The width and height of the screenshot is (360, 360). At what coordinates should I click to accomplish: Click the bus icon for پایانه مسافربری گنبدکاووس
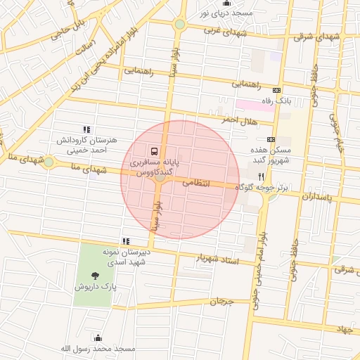(x=153, y=151)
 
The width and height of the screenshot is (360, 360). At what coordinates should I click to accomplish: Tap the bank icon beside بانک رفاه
(x=276, y=90)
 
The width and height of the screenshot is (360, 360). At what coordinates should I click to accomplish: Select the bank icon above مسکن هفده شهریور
(x=271, y=139)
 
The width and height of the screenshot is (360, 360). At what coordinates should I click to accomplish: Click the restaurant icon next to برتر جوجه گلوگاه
(x=261, y=176)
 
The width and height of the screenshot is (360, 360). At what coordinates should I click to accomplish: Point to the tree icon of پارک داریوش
(x=94, y=276)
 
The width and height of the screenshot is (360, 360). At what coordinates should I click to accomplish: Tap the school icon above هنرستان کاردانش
(x=86, y=129)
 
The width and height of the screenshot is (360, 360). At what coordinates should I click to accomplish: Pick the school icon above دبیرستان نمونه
(x=126, y=241)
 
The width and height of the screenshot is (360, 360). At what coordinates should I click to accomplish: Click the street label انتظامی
(x=196, y=182)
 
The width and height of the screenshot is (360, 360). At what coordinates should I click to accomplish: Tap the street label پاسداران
(x=320, y=196)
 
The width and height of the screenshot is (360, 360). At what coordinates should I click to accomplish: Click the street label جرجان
(x=221, y=301)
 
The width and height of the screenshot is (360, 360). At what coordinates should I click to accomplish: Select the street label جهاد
(x=343, y=328)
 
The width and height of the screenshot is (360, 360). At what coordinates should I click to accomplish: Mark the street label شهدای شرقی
(x=312, y=35)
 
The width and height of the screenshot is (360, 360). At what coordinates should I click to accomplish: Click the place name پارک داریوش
(x=94, y=288)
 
